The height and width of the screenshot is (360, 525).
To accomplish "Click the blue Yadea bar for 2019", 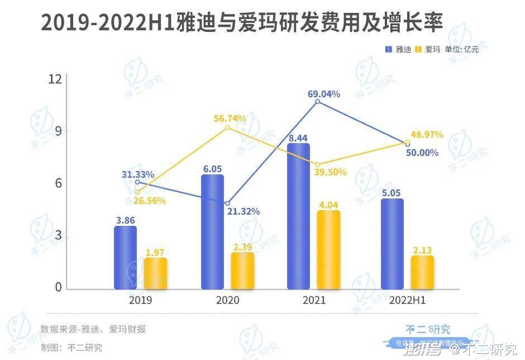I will (x=125, y=258).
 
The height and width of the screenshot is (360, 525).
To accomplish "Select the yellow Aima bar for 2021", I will (x=329, y=250).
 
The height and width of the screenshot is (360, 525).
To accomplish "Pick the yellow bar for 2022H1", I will (x=422, y=273).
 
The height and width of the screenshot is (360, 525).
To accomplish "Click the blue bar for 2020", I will (x=212, y=232).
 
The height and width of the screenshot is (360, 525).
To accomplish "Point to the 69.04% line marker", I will (x=317, y=102).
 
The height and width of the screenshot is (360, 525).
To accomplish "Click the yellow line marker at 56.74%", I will (x=227, y=128).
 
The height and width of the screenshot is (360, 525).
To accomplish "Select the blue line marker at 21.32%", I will (x=227, y=203).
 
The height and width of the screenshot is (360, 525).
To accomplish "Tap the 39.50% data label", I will (x=330, y=172).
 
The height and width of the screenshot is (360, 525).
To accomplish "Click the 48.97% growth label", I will (x=427, y=135).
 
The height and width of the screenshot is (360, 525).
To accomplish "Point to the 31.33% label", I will (x=138, y=174).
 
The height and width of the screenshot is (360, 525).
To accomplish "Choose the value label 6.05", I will (x=212, y=168).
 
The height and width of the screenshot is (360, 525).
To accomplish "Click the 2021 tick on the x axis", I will (x=314, y=301).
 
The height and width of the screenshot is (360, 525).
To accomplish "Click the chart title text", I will (x=242, y=23).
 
